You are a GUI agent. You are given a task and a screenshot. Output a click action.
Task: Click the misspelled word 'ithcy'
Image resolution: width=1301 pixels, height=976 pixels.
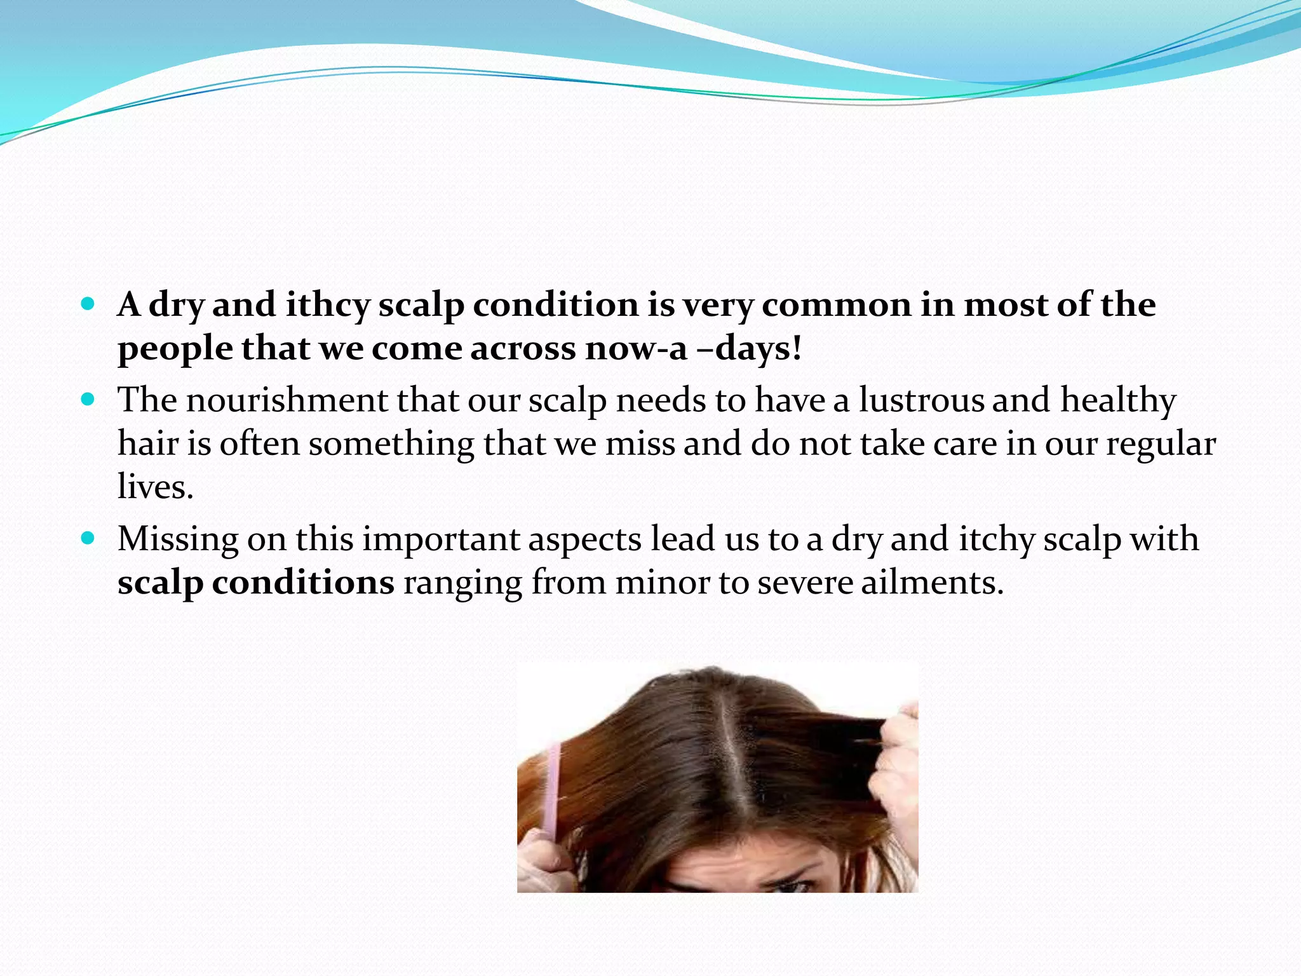[327, 306]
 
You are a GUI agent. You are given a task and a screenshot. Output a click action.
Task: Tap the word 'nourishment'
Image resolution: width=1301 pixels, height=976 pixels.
[286, 401]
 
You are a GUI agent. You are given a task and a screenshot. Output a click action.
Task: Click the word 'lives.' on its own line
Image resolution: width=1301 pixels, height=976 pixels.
[155, 487]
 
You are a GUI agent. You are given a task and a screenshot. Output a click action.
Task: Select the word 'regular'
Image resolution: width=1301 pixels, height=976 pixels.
[1161, 445]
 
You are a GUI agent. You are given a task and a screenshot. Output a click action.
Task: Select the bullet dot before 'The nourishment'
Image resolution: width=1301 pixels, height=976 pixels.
[88, 400]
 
